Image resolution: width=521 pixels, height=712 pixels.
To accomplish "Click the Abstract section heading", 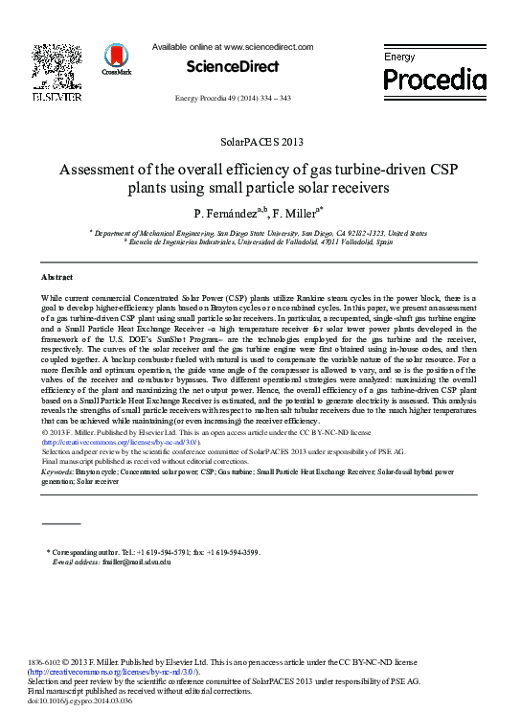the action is [58, 275].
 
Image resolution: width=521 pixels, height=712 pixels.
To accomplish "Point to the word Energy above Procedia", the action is [400, 57].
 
